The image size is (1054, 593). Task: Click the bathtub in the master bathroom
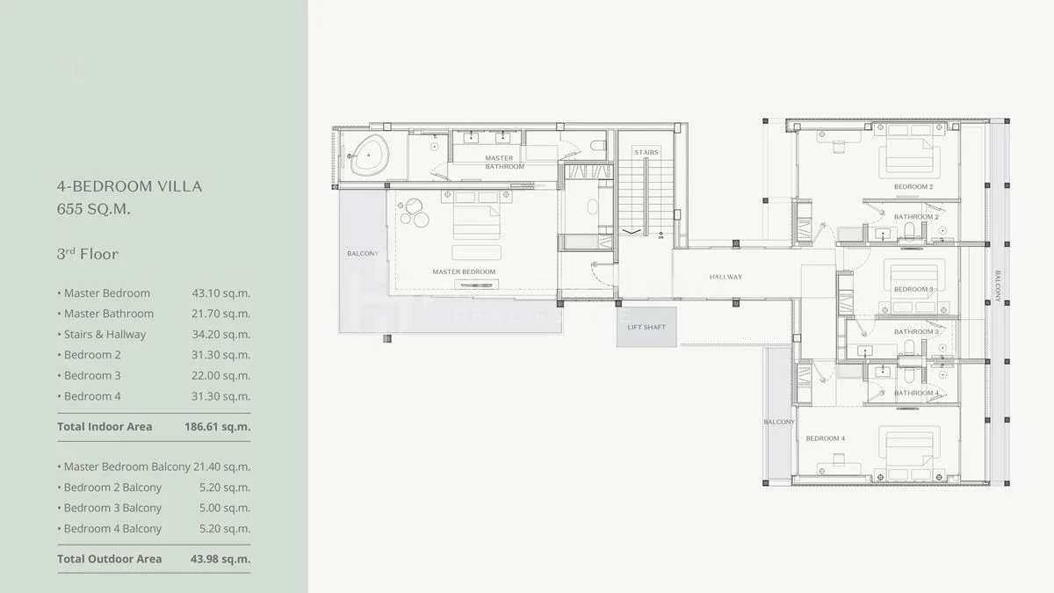(370, 155)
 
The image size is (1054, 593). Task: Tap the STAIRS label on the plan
(646, 153)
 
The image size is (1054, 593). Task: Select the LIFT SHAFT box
(646, 327)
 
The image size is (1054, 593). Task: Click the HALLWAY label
(726, 277)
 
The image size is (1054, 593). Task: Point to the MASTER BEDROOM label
(464, 271)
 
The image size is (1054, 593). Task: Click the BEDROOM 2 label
(913, 187)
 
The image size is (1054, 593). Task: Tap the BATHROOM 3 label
(916, 332)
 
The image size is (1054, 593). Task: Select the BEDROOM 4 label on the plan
(826, 438)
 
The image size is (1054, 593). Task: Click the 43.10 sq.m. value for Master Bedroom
(220, 293)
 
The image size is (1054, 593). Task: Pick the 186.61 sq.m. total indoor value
(218, 427)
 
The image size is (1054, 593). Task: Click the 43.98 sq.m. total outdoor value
(220, 559)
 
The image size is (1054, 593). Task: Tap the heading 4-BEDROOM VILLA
(129, 186)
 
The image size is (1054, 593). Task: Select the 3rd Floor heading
(88, 254)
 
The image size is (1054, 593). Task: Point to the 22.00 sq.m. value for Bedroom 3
(220, 376)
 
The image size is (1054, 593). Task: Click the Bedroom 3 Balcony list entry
(110, 509)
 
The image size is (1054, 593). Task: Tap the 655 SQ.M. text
(94, 209)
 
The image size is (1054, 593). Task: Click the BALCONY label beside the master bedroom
(363, 254)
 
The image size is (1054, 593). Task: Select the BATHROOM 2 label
(916, 217)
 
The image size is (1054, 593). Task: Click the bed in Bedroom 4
(909, 452)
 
